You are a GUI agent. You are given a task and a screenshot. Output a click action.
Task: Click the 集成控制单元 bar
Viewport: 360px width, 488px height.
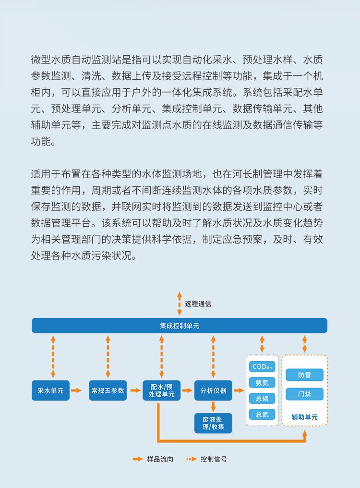[180, 326]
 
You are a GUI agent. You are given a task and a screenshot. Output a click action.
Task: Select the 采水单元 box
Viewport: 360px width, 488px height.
[50, 390]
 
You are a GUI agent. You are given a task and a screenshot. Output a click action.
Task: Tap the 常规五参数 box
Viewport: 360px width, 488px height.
[108, 390]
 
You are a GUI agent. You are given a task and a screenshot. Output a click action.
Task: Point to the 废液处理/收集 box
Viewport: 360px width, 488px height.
[213, 423]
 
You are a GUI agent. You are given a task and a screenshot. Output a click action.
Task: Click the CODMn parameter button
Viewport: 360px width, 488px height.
[262, 367]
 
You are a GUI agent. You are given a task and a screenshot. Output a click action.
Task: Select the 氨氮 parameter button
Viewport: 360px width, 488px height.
[262, 383]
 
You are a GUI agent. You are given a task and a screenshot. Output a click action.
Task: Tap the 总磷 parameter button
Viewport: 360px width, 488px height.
[262, 398]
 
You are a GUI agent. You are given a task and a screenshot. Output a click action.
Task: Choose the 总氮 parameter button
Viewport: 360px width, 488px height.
[262, 414]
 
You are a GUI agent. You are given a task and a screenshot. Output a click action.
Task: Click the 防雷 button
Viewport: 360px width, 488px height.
[304, 375]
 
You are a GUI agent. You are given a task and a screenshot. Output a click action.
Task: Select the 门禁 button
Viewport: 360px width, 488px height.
[304, 394]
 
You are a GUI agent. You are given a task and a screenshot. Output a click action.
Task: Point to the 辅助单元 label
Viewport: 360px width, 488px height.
[304, 417]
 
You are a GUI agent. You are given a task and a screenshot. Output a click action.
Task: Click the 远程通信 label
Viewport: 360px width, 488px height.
[198, 304]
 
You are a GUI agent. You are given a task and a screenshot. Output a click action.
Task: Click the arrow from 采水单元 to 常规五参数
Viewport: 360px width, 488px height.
[76, 390]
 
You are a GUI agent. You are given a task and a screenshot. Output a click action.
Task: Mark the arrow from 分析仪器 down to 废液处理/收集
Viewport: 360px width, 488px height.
[213, 406]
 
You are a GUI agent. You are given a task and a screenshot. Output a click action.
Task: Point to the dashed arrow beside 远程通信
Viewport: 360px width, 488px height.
[179, 303]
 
